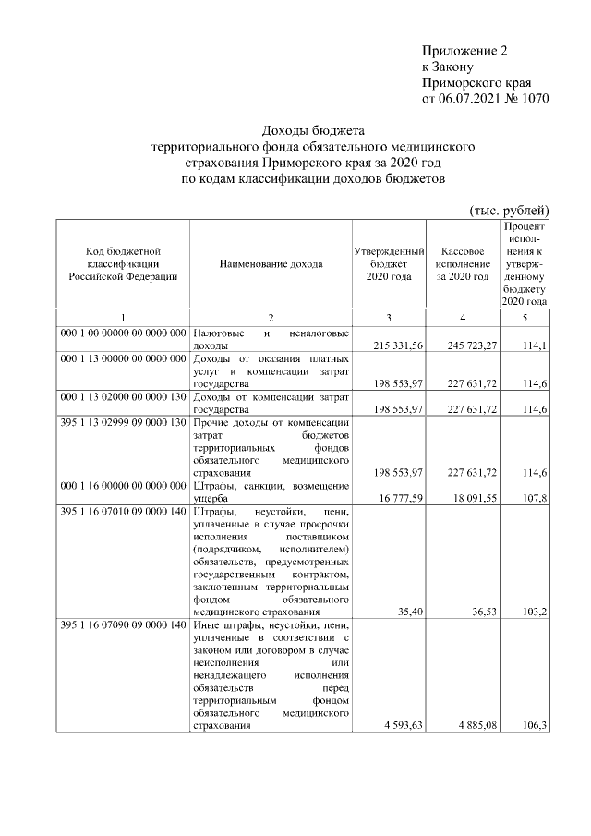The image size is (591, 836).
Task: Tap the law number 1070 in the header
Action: tap(529, 99)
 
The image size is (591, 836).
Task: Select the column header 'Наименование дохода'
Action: tap(271, 264)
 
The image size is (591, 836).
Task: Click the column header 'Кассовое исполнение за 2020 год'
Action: tap(463, 264)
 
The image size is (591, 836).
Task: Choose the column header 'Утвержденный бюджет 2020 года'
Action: tap(389, 264)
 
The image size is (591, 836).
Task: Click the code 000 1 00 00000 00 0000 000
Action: tap(123, 333)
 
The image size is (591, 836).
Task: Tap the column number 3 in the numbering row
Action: tap(389, 318)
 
